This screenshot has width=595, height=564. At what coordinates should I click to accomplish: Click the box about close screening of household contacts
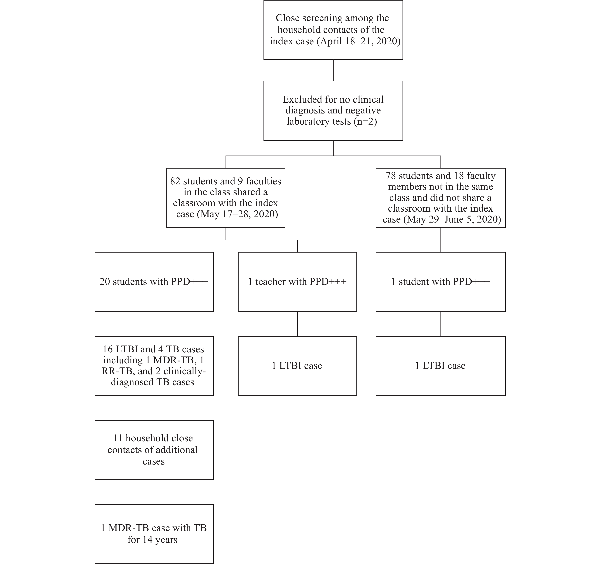[x=333, y=30]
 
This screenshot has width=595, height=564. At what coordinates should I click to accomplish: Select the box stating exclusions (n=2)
[x=333, y=111]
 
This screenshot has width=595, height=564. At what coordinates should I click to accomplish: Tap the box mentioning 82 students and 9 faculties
[x=226, y=198]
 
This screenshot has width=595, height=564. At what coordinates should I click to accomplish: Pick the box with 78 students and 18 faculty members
[x=440, y=198]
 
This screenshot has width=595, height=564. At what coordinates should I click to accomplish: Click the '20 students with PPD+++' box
[x=154, y=282]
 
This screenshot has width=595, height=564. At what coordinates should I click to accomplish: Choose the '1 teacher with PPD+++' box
[x=297, y=282]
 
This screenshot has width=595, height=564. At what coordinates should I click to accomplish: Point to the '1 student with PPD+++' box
[x=440, y=282]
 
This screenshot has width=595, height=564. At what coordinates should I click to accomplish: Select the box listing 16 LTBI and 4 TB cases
[x=154, y=366]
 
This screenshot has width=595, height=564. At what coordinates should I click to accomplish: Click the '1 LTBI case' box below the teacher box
[x=297, y=366]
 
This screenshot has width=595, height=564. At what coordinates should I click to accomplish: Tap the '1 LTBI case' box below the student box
[x=440, y=366]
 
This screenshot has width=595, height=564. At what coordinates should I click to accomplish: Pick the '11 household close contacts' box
[x=154, y=450]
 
